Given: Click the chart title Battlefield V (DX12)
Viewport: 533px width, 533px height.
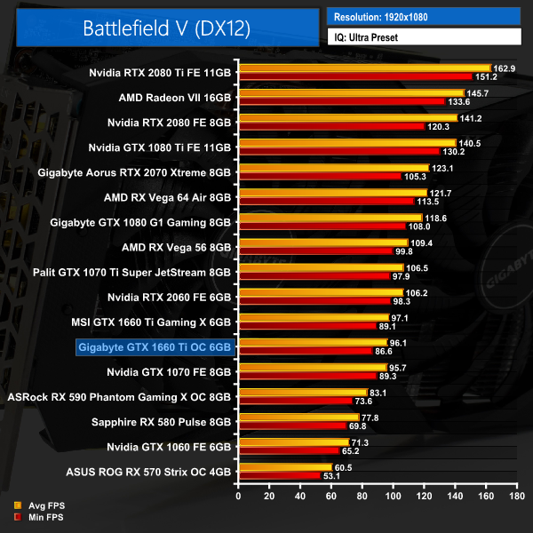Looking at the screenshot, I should pyautogui.click(x=167, y=27).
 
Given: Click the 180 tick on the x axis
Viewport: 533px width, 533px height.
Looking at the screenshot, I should pyautogui.click(x=516, y=497).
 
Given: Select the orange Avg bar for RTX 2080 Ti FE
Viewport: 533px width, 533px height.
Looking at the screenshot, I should pyautogui.click(x=364, y=68).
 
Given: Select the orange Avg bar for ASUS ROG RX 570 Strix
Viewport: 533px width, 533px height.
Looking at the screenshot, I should pyautogui.click(x=284, y=466).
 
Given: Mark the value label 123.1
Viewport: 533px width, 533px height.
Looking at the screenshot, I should pyautogui.click(x=442, y=168).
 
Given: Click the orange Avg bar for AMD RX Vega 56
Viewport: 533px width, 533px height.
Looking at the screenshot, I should pyautogui.click(x=322, y=243).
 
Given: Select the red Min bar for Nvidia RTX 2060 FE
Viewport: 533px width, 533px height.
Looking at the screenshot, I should pyautogui.click(x=314, y=301).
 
